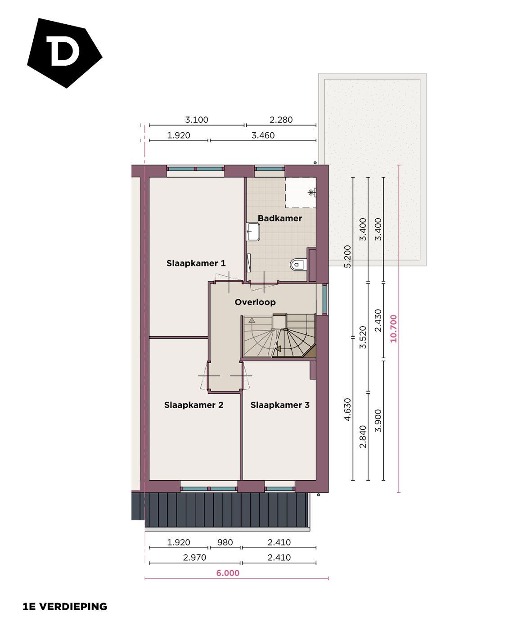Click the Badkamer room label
pos(279,218)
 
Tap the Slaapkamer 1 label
pos(196,263)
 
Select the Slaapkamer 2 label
pos(193,405)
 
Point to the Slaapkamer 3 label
pos(280,405)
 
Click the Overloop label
pos(255,302)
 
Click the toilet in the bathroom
pos(297,264)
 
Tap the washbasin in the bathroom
pos(253,232)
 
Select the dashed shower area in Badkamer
pos(300,193)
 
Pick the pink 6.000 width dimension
pos(228,573)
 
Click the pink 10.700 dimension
pos(394,328)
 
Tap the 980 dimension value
pos(225,542)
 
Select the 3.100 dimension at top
pos(197,120)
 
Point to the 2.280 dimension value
pos(281,120)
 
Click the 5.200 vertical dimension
pos(347,256)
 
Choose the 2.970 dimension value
pos(194,557)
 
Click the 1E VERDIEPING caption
pos(65,607)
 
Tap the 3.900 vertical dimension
pos(378,421)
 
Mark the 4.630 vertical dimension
pos(347,409)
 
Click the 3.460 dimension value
pos(263,135)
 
